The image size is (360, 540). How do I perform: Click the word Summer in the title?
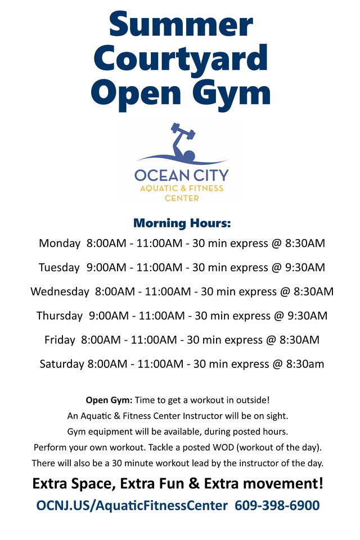(181, 24)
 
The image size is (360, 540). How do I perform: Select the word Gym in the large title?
(231, 94)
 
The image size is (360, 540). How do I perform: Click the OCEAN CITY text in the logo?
(182, 175)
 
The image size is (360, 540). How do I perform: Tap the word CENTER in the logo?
(182, 199)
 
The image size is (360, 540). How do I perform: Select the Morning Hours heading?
(182, 223)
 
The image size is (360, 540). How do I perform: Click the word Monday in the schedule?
(60, 244)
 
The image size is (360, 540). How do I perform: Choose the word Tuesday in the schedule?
(59, 268)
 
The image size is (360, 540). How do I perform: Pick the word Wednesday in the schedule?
(60, 292)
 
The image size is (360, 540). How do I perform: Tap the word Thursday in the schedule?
(60, 316)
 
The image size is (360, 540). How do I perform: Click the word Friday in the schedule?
(60, 340)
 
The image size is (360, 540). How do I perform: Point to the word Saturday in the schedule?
(62, 364)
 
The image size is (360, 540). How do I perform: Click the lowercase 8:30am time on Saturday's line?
(305, 364)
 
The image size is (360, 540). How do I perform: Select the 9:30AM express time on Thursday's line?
(307, 316)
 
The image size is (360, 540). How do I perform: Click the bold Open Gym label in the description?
(109, 400)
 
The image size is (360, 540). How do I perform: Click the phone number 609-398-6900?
(277, 506)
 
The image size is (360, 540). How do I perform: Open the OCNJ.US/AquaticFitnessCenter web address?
(132, 506)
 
